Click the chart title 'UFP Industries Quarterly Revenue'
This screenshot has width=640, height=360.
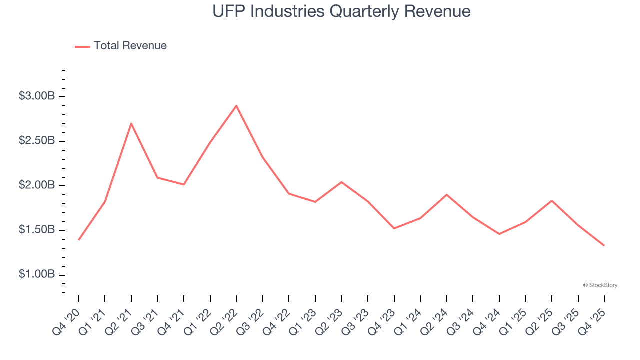[341, 11]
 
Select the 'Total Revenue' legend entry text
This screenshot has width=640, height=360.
[130, 46]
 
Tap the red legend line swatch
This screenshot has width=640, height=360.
[82, 46]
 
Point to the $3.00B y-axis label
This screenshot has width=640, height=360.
[37, 96]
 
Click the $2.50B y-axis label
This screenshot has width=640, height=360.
[37, 141]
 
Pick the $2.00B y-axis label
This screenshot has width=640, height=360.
[37, 186]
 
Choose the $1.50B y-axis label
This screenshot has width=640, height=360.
[37, 230]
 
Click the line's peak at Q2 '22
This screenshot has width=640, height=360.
[236, 106]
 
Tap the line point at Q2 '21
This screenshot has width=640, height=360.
[131, 123]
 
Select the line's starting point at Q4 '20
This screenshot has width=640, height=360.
[79, 240]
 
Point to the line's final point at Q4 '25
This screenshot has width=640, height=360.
[604, 245]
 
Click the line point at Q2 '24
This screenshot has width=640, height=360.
[446, 194]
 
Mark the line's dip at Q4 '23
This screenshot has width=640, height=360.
[394, 228]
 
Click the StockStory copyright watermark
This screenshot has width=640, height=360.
[600, 285]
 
